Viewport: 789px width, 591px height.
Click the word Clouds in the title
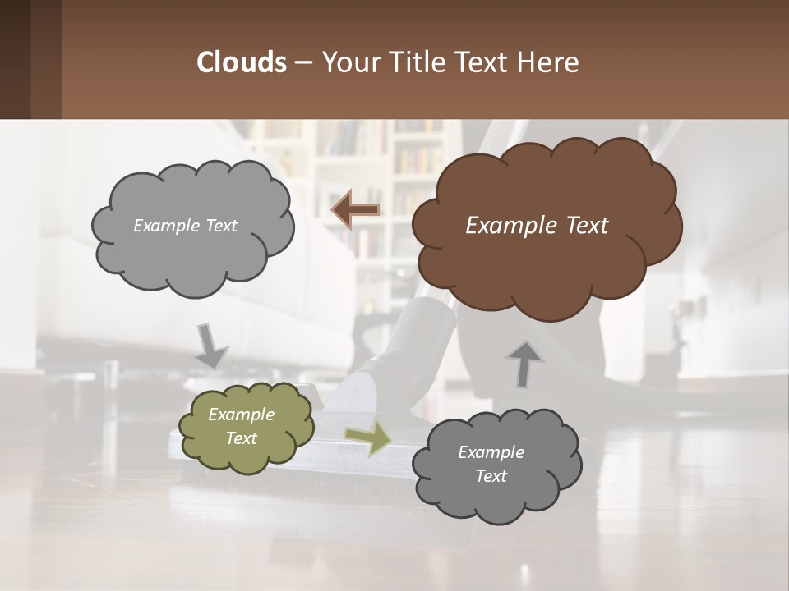click(x=241, y=62)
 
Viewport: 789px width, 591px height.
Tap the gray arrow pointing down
click(x=211, y=345)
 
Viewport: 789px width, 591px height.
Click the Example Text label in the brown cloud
click(x=537, y=226)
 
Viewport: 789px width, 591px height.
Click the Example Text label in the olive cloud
click(x=242, y=426)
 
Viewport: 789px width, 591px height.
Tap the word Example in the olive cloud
click(x=242, y=415)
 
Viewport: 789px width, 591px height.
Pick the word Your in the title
click(x=347, y=62)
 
